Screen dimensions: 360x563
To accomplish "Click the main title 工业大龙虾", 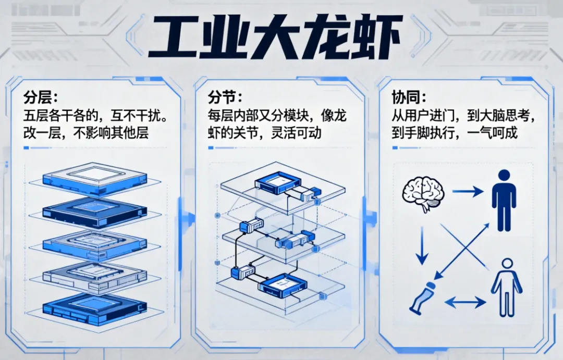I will pos(275,36).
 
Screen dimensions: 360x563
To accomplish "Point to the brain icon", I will pos(423,193).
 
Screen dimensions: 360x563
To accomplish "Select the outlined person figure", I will pos(506,287).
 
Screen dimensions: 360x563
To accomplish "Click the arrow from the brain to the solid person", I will pos(467,192).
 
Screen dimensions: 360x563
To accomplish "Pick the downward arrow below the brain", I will pos(422,251).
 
